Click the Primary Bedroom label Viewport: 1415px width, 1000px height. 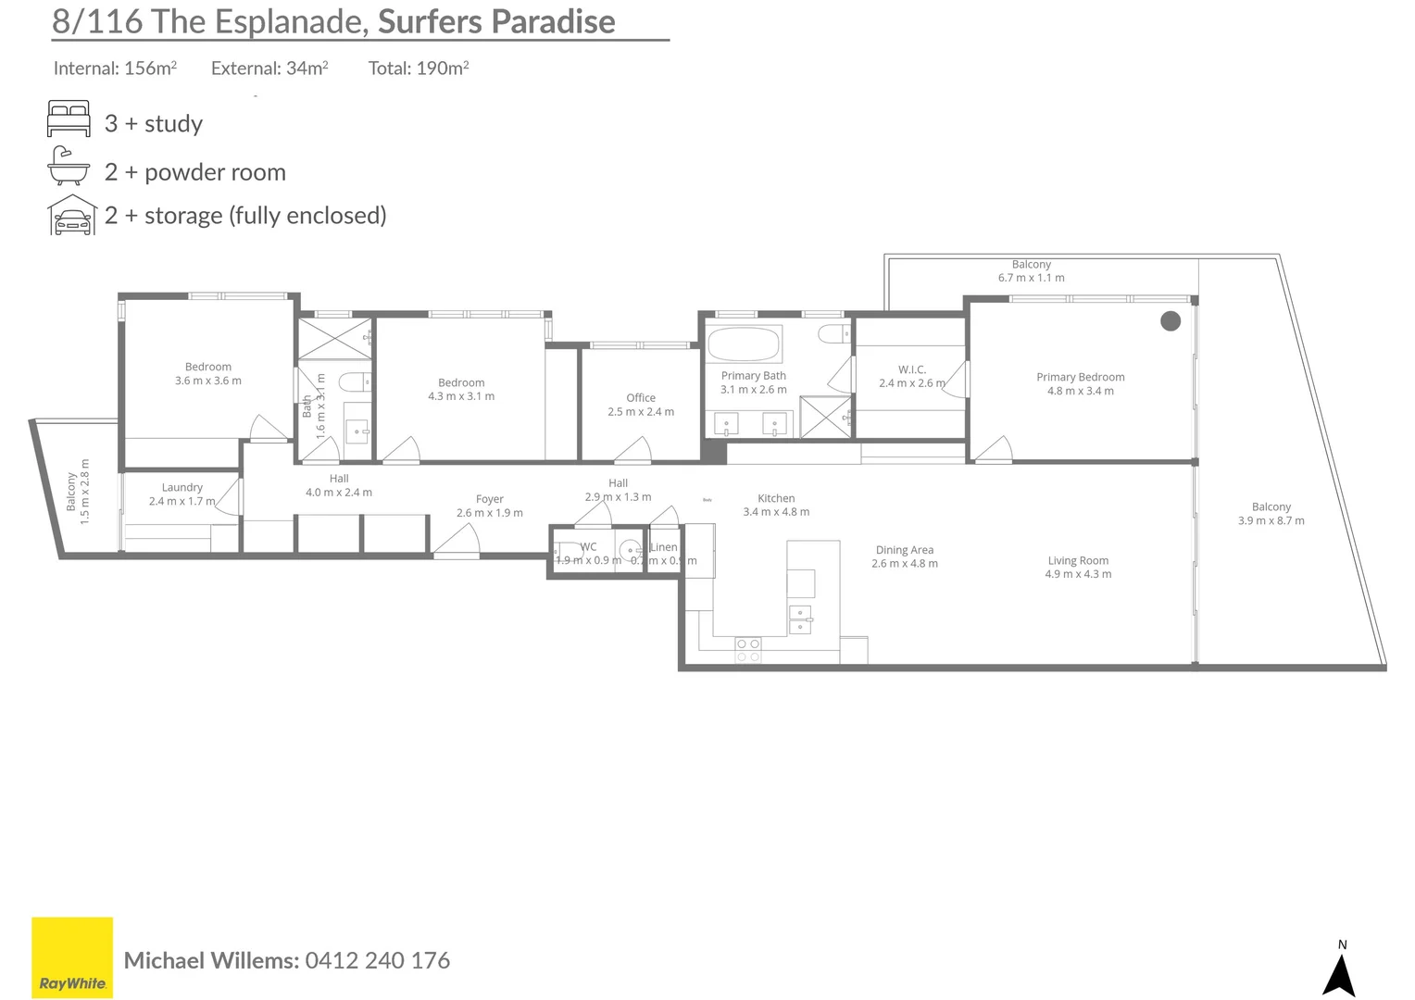click(x=1080, y=377)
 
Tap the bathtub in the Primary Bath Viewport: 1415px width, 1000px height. click(x=744, y=344)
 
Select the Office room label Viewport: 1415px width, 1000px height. click(x=640, y=397)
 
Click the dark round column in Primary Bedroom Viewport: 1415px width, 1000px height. click(x=1171, y=321)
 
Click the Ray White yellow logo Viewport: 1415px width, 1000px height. click(x=72, y=957)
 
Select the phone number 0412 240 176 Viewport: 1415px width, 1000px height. click(x=377, y=960)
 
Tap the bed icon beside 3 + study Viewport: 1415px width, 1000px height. click(x=69, y=120)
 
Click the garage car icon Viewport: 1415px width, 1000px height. click(x=72, y=216)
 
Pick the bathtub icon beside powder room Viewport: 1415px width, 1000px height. click(x=69, y=167)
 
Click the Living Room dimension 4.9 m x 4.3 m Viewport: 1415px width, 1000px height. click(x=1078, y=574)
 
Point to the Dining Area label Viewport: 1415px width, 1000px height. click(x=904, y=549)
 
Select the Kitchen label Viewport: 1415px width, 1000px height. click(x=776, y=498)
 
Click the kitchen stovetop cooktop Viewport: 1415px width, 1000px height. click(x=748, y=649)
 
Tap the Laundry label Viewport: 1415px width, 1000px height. click(x=182, y=487)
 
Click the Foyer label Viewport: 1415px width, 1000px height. click(x=489, y=499)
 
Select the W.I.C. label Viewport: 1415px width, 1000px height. click(x=911, y=369)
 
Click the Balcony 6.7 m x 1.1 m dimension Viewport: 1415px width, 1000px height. click(x=1031, y=278)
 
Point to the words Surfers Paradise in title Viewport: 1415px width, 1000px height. click(x=496, y=21)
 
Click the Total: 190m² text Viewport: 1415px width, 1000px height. click(x=419, y=68)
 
